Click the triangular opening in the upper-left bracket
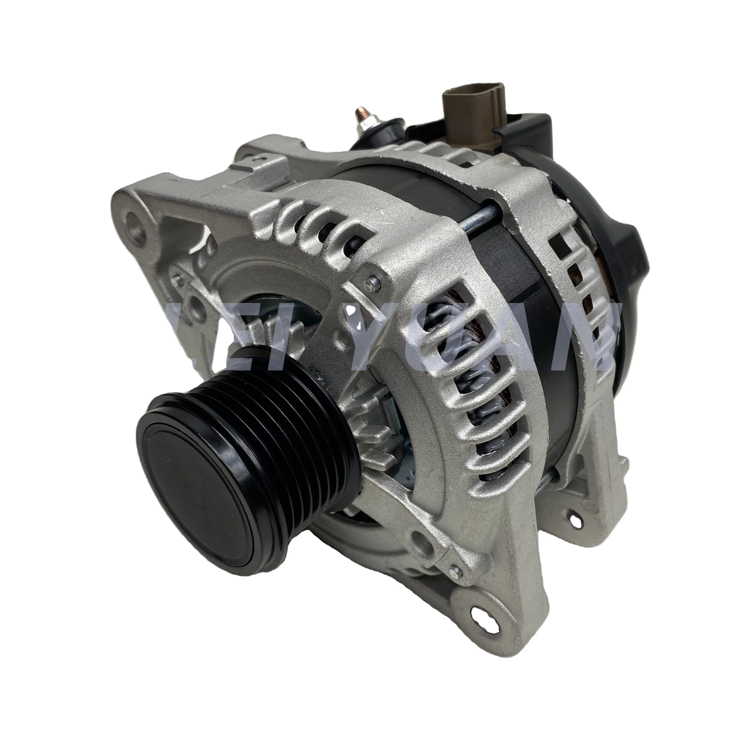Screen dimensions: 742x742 [181, 238]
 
